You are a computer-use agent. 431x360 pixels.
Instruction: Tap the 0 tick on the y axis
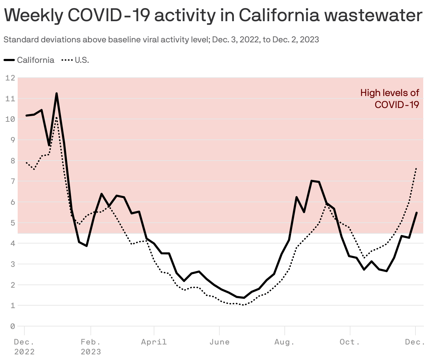click(12, 326)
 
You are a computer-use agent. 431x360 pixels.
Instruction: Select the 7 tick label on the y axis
click(12, 181)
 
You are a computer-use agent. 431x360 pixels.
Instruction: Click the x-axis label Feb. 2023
click(91, 347)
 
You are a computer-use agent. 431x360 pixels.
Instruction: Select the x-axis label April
click(154, 342)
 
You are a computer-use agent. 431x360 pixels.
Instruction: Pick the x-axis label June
click(219, 342)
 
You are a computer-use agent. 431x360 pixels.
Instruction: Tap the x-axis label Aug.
click(284, 342)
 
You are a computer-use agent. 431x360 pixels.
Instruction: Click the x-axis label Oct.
click(350, 342)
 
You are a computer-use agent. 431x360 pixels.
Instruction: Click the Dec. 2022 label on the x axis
click(24, 347)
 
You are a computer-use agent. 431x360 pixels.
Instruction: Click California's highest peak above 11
click(57, 94)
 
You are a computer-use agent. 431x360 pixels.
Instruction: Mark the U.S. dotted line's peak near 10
click(56, 118)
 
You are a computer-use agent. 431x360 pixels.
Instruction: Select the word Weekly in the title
click(34, 16)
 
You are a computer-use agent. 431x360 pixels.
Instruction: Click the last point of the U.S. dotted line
click(417, 168)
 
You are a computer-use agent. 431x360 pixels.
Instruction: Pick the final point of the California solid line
click(417, 212)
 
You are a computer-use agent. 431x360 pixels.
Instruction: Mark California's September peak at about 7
click(312, 181)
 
